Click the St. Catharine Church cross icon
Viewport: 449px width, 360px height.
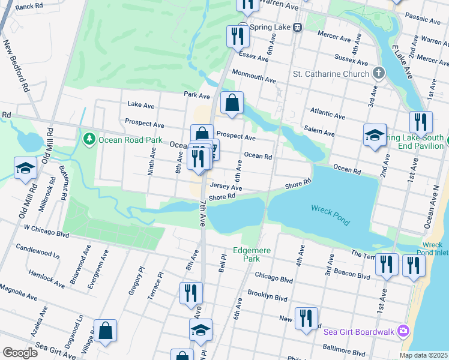tap(378, 74)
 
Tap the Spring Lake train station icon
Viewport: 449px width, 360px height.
tap(297, 28)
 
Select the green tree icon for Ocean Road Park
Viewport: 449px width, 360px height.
tap(89, 139)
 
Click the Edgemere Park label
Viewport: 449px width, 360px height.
tap(246, 254)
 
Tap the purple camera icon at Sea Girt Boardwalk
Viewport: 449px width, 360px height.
tap(405, 331)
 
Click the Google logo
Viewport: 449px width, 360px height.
tap(19, 352)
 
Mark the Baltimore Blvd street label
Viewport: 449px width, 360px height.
tap(344, 349)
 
